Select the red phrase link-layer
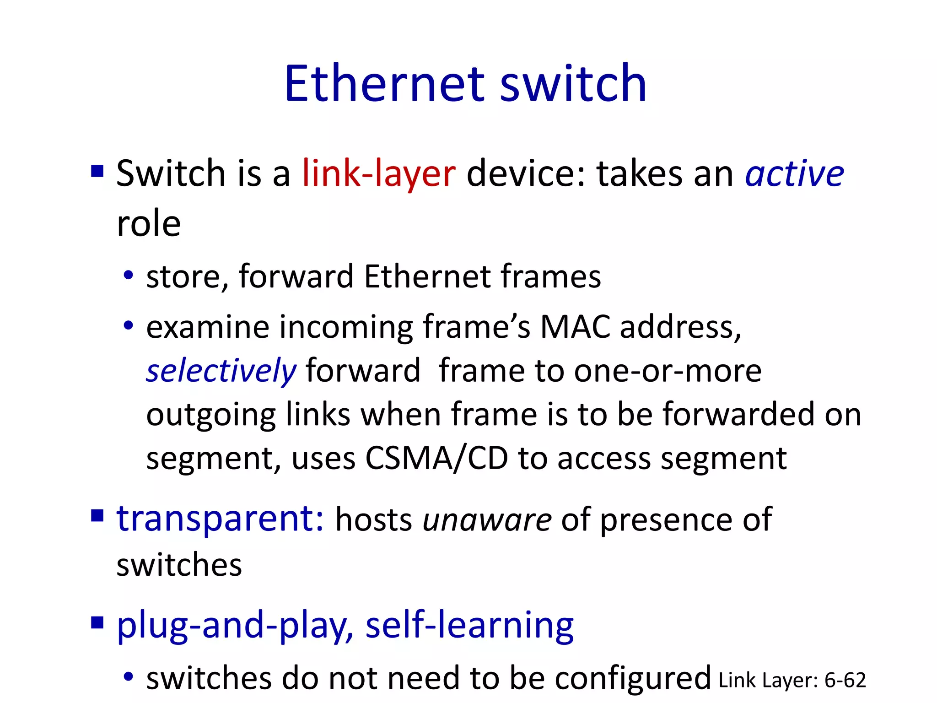click(x=379, y=174)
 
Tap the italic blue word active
click(x=794, y=174)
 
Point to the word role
click(x=149, y=224)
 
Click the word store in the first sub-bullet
click(x=182, y=277)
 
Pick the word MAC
click(x=575, y=327)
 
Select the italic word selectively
click(x=221, y=371)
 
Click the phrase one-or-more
click(x=668, y=371)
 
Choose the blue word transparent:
click(x=220, y=519)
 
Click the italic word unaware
click(x=487, y=520)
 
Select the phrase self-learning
click(x=469, y=625)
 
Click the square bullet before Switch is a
click(x=97, y=172)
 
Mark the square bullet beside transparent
click(x=97, y=516)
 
